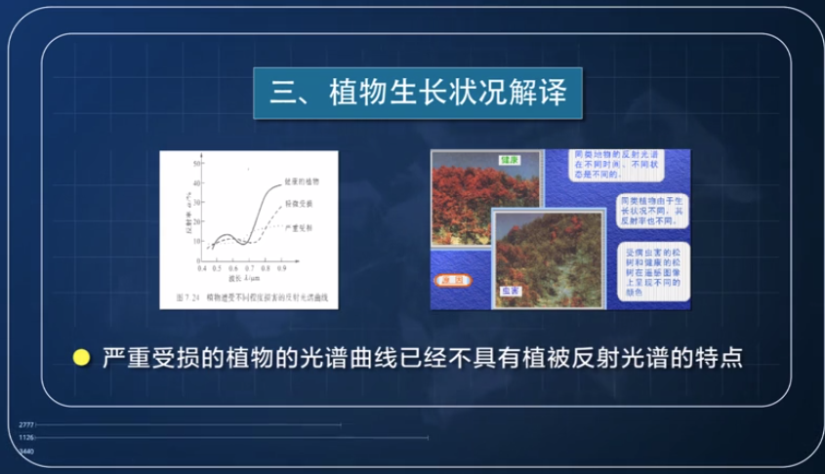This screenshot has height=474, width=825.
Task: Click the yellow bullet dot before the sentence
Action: [82, 358]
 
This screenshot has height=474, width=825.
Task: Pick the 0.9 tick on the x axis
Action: [282, 266]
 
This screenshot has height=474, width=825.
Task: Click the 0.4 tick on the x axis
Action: [202, 266]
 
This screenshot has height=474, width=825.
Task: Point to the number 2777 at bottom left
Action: [26, 425]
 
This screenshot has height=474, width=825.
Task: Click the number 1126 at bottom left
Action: [26, 438]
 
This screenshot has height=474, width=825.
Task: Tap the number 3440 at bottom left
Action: [26, 452]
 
